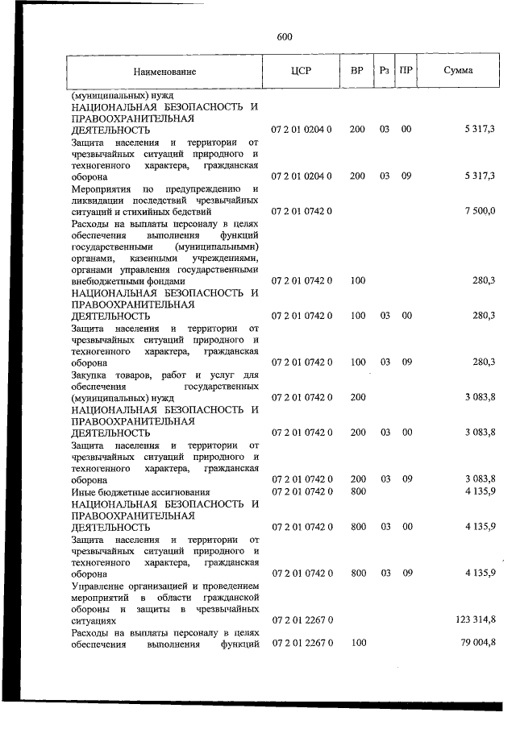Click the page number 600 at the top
point(284,37)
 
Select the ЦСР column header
point(301,71)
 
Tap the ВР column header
point(357,71)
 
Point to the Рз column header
point(385,71)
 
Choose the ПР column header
point(407,71)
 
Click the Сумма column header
point(458,71)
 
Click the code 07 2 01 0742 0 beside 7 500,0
point(302,210)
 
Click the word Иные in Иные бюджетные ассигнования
point(84,491)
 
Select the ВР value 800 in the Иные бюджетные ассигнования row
point(358,491)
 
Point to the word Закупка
point(91,374)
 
